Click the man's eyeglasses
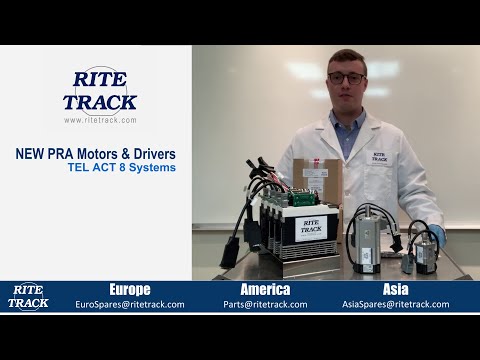(346, 77)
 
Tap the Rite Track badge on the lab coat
(379, 157)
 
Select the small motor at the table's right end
(424, 252)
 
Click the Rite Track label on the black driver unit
(311, 227)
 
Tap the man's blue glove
(436, 237)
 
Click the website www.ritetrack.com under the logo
(100, 120)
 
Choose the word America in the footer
(265, 290)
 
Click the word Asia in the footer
(395, 290)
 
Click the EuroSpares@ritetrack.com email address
(130, 304)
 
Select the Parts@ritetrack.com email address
(265, 304)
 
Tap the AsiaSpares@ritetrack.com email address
(396, 304)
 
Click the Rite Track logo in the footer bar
(28, 297)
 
